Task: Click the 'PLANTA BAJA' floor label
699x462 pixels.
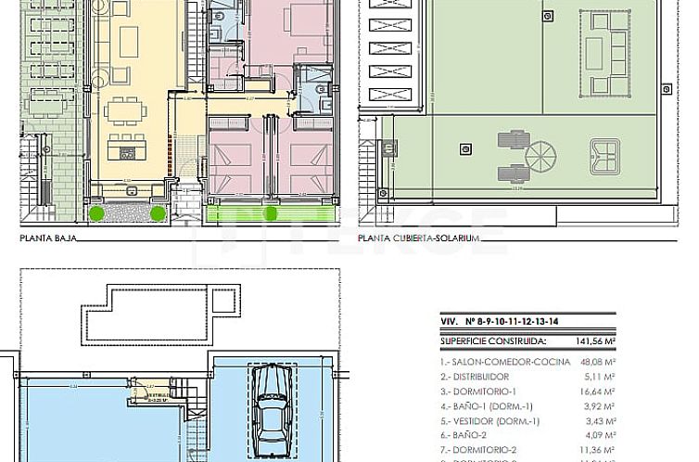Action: (45, 237)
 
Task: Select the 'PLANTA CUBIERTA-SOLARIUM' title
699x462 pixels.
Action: (419, 237)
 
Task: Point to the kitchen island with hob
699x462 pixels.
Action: (124, 148)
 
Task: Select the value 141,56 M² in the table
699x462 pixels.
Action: (655, 340)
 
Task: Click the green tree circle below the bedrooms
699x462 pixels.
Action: (271, 213)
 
